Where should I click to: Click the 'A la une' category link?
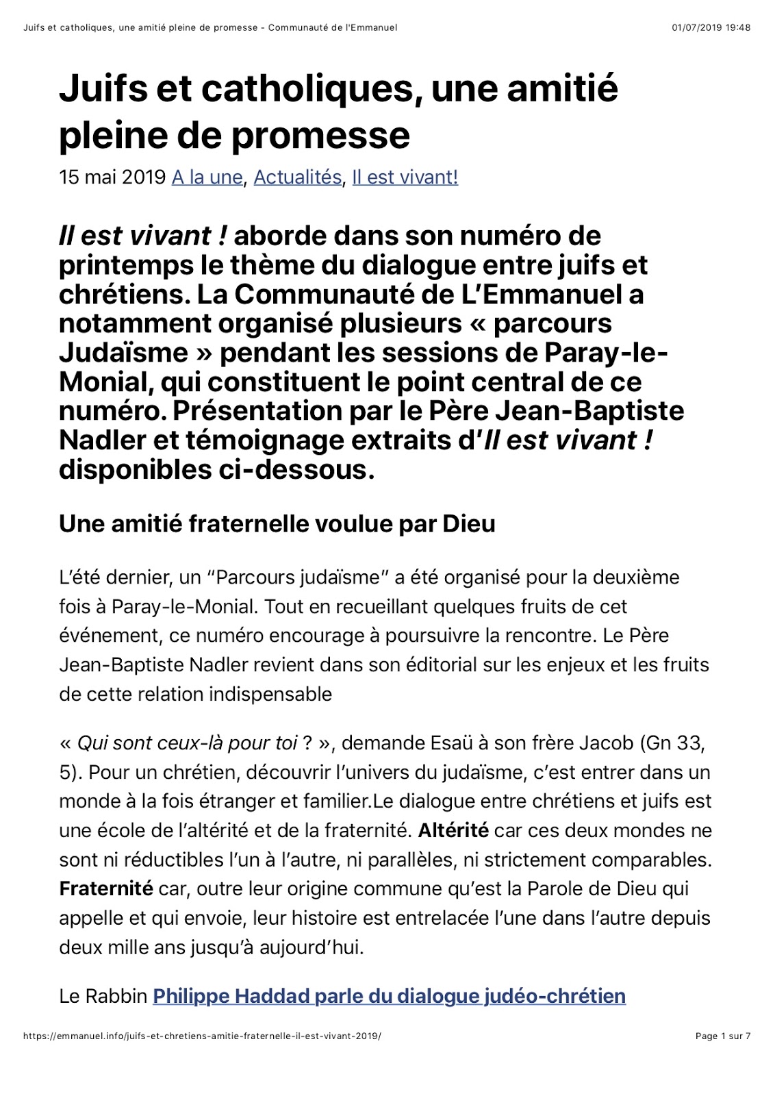207,177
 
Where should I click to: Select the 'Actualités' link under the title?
297,177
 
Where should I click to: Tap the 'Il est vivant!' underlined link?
405,177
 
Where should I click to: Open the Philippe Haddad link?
389,996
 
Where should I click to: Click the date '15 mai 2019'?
112,177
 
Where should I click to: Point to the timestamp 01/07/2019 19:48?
711,28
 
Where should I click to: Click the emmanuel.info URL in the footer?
202,1036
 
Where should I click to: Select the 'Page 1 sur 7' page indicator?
722,1036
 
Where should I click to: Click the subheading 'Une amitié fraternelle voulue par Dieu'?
277,524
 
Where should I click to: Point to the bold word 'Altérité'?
453,831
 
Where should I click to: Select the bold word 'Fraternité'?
106,889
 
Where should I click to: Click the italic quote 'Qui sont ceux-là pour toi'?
187,743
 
